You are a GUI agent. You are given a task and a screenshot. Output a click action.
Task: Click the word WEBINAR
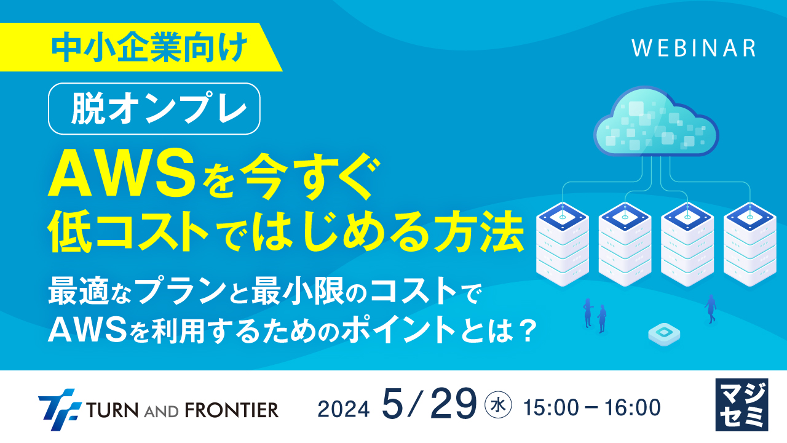694,48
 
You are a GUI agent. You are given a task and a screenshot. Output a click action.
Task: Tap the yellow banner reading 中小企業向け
149,47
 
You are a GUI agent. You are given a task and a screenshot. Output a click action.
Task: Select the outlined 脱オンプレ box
154,109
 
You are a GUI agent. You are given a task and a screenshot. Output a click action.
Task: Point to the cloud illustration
657,124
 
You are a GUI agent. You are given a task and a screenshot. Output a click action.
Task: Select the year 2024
344,408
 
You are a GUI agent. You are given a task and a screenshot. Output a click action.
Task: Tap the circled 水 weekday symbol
497,405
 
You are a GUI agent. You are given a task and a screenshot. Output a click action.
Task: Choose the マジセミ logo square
742,404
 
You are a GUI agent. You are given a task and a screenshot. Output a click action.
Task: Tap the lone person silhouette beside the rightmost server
711,308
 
